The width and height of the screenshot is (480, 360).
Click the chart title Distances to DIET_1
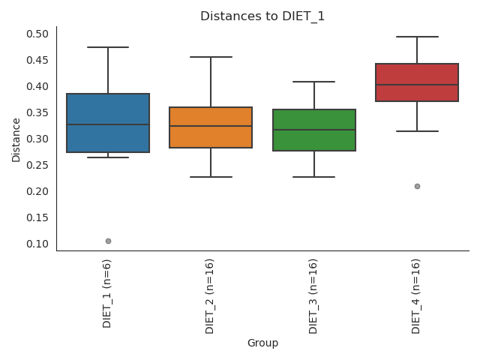262,16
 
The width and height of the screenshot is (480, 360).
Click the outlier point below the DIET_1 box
108,241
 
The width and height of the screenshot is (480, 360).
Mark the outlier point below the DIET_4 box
417,186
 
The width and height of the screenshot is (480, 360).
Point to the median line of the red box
417,85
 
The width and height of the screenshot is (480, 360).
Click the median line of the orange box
211,126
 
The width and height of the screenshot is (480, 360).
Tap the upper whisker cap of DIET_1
108,47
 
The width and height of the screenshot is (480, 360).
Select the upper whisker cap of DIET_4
417,37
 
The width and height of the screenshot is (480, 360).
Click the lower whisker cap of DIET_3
313,177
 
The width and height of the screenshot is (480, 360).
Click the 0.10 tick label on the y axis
38,244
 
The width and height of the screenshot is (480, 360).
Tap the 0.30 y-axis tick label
38,139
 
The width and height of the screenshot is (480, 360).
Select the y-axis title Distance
16,139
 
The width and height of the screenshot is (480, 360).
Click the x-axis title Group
262,343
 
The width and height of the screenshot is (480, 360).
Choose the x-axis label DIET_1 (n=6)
108,292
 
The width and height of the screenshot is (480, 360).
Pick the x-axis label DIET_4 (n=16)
417,295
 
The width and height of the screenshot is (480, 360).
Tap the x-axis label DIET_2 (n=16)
211,295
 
